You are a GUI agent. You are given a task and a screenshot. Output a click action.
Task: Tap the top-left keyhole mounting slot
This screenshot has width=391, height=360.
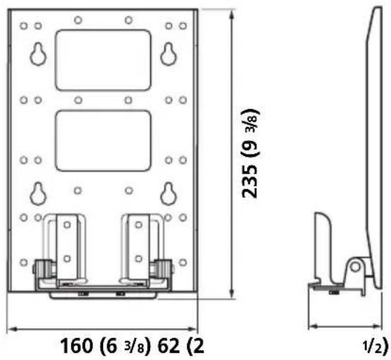click(x=38, y=54)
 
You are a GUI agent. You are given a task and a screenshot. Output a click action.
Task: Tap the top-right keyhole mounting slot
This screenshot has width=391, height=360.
click(x=169, y=54)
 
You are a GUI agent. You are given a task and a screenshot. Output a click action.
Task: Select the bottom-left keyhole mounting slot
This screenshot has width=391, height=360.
click(x=38, y=194)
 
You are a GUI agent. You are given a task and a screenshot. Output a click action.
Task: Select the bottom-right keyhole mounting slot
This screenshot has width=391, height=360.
click(x=169, y=194)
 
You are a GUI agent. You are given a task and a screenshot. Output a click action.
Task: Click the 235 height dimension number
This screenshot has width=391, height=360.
click(x=250, y=182)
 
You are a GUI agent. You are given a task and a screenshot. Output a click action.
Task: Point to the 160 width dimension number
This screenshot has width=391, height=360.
click(x=76, y=346)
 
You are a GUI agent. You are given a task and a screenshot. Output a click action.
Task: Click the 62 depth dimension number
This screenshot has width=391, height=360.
click(x=169, y=346)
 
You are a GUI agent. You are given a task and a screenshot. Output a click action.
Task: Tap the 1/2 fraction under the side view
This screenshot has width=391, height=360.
click(x=372, y=347)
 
